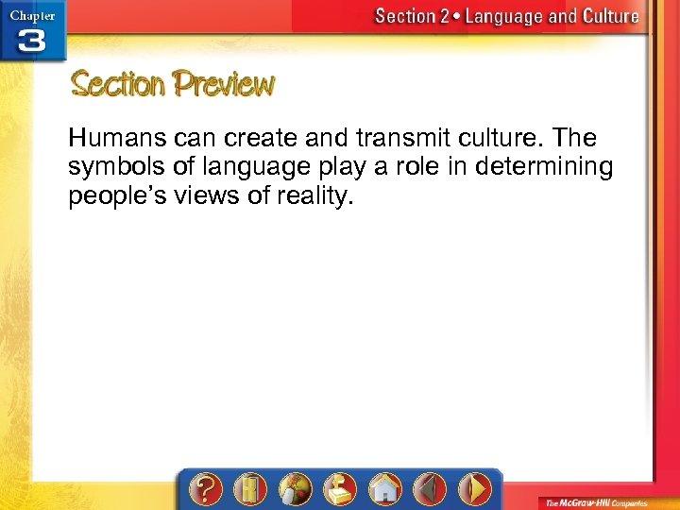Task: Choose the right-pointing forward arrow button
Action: point(475,489)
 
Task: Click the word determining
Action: point(546,168)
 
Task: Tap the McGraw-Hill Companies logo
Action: point(593,501)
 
